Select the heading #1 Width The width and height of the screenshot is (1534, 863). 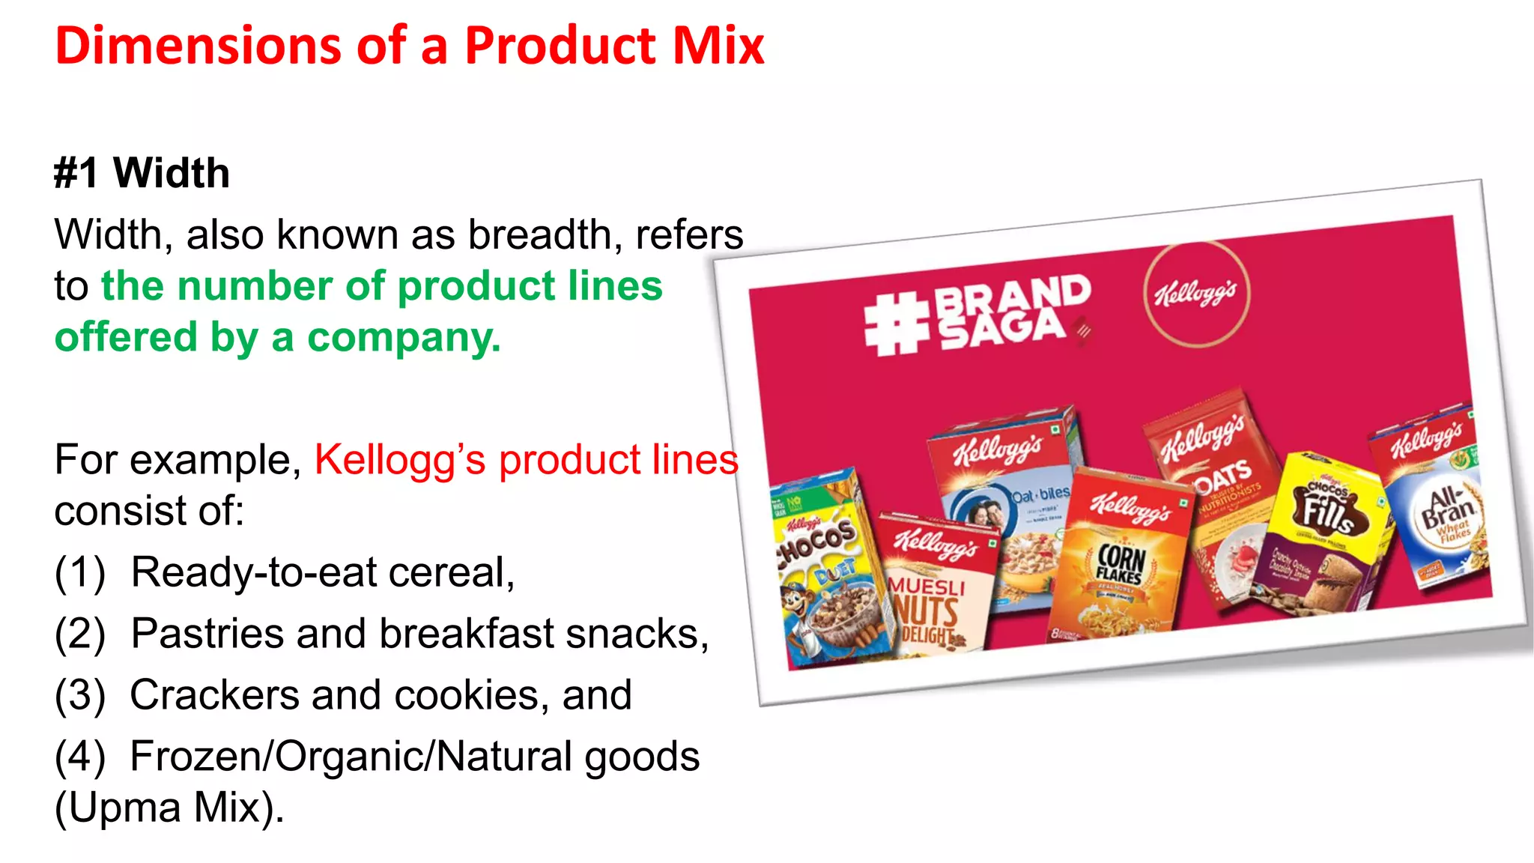tap(142, 173)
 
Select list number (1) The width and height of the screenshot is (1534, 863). tap(79, 572)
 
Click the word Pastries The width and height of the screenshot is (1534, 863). tap(207, 634)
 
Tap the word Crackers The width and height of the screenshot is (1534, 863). tap(214, 695)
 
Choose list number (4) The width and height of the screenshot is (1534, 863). tap(79, 757)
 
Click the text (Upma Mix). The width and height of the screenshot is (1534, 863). tap(169, 808)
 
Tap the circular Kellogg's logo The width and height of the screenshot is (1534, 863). tap(1196, 294)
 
